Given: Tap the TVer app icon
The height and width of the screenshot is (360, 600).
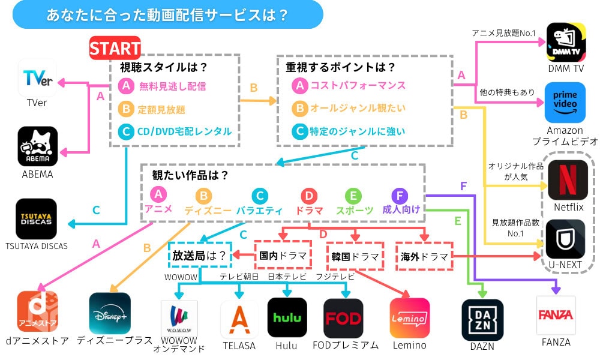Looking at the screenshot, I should [37, 78].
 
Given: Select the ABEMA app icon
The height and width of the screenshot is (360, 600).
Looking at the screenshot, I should [37, 146].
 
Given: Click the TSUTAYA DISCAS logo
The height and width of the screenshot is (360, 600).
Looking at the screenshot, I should [36, 219].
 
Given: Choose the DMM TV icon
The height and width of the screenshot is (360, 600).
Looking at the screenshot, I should [565, 43].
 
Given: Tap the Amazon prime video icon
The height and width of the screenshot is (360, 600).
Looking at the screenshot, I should [565, 103].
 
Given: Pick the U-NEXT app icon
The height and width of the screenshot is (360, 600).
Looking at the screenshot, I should [565, 239].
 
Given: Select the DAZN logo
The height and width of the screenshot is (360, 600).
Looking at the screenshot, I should [482, 320].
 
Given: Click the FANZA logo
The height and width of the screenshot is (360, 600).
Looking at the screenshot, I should [556, 315].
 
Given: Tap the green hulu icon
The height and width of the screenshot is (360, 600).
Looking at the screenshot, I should [287, 317].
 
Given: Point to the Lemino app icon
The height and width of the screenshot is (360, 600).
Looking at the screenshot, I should [410, 318].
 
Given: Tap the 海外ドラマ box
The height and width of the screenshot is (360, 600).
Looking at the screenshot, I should [424, 256].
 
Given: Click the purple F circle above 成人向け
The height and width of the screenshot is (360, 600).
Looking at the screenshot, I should [399, 196].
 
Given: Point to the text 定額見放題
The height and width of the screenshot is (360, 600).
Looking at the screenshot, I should [161, 109].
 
